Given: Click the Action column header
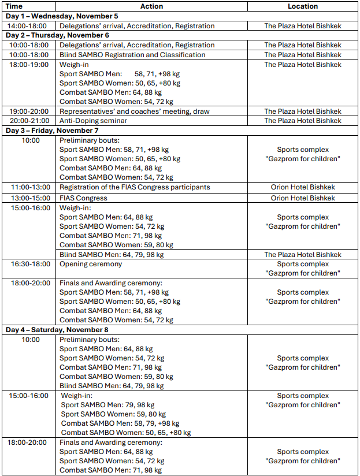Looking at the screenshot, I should [x=152, y=6].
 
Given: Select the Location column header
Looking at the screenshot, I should [x=303, y=6].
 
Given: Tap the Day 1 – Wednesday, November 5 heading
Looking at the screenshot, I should [x=62, y=16].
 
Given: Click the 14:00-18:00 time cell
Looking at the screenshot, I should [x=29, y=26].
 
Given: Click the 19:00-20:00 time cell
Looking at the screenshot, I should [x=29, y=111].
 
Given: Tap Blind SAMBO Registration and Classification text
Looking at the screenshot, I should [x=132, y=55].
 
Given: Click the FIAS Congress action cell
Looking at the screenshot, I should [x=83, y=198].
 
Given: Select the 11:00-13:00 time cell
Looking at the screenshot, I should [x=29, y=187].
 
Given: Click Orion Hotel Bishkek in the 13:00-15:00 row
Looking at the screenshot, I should [x=303, y=198].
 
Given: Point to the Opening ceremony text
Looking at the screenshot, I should [x=91, y=264].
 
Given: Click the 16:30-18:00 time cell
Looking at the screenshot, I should [x=29, y=264].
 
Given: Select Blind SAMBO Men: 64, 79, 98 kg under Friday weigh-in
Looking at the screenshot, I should [x=112, y=255].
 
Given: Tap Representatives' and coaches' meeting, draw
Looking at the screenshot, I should [x=135, y=111].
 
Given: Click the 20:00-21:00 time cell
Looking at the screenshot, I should [x=29, y=121].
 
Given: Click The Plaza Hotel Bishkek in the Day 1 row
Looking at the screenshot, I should [x=303, y=26].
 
